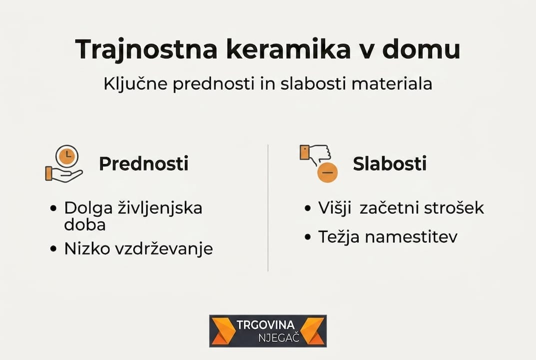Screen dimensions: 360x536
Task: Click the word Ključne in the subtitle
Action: (x=135, y=84)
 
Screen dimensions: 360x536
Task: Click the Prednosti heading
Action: (x=143, y=164)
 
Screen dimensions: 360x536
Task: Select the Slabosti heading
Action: (x=390, y=164)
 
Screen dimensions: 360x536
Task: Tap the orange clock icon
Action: (x=66, y=156)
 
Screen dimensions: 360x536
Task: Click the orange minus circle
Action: (x=328, y=172)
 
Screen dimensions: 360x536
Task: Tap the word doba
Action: (x=84, y=224)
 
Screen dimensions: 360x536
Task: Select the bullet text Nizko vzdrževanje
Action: (x=138, y=248)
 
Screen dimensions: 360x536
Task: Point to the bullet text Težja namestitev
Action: (x=388, y=236)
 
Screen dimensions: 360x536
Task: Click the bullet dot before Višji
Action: (x=307, y=208)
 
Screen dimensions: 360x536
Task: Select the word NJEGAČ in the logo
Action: (x=278, y=337)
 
